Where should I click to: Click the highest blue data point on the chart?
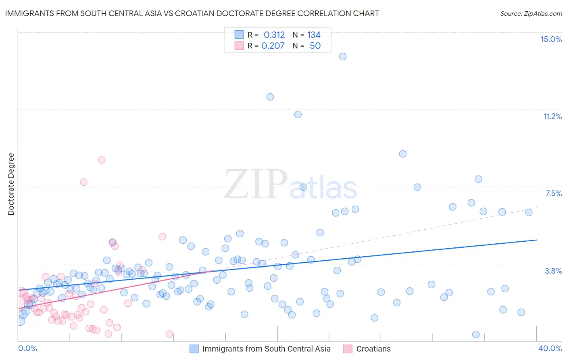[x=343, y=57]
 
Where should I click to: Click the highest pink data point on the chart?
[x=102, y=160]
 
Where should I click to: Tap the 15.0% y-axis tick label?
[x=551, y=39]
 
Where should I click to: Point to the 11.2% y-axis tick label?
[x=552, y=116]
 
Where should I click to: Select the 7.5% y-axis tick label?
[x=553, y=193]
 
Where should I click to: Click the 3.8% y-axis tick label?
[x=553, y=271]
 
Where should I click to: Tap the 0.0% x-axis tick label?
[x=27, y=348]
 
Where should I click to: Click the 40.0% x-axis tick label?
[x=550, y=348]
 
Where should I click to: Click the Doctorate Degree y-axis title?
[x=11, y=184]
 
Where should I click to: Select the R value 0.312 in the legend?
[x=274, y=35]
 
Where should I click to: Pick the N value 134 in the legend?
[x=314, y=35]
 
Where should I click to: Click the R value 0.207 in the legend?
[x=273, y=46]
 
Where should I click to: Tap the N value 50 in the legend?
[x=315, y=46]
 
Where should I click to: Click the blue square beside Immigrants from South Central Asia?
[x=194, y=349]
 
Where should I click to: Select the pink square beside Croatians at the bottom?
[x=348, y=349]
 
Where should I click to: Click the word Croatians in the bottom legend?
[x=373, y=349]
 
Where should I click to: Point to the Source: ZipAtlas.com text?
[x=531, y=14]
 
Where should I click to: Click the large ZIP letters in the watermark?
[x=255, y=184]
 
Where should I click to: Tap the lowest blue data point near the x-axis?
[x=476, y=335]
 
